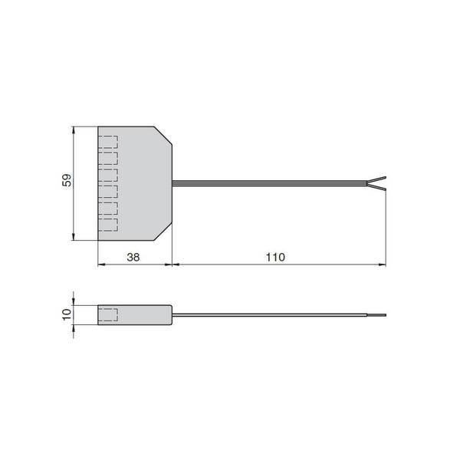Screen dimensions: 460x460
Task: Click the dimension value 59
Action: (x=67, y=180)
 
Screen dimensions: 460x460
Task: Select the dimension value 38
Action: (x=133, y=258)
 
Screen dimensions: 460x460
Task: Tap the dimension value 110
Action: (x=275, y=258)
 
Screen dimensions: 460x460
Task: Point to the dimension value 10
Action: (x=67, y=314)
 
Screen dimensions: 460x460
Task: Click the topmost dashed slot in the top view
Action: (x=108, y=142)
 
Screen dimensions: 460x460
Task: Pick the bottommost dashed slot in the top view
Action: (x=108, y=225)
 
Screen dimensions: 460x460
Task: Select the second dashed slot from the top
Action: (x=108, y=159)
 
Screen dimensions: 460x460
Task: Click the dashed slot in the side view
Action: (x=108, y=315)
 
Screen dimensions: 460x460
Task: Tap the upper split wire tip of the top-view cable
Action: (x=386, y=178)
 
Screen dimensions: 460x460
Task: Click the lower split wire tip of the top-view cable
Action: (x=386, y=190)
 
